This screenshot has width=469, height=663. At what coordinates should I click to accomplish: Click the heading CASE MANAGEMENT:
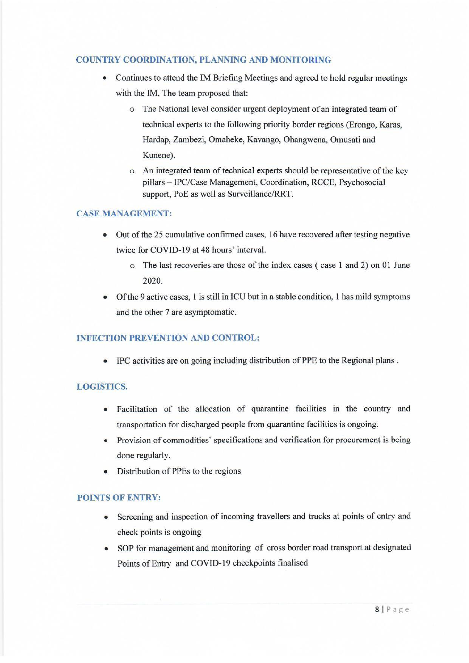124,214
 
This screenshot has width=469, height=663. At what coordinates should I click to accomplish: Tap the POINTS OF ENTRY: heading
119,498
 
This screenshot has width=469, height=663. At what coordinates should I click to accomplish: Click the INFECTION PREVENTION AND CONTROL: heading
168,338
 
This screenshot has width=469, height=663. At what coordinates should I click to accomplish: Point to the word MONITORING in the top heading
300,60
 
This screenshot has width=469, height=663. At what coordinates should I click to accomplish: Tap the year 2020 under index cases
152,281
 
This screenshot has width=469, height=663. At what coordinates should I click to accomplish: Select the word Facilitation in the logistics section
137,409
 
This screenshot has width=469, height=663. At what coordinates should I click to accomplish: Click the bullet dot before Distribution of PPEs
106,472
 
